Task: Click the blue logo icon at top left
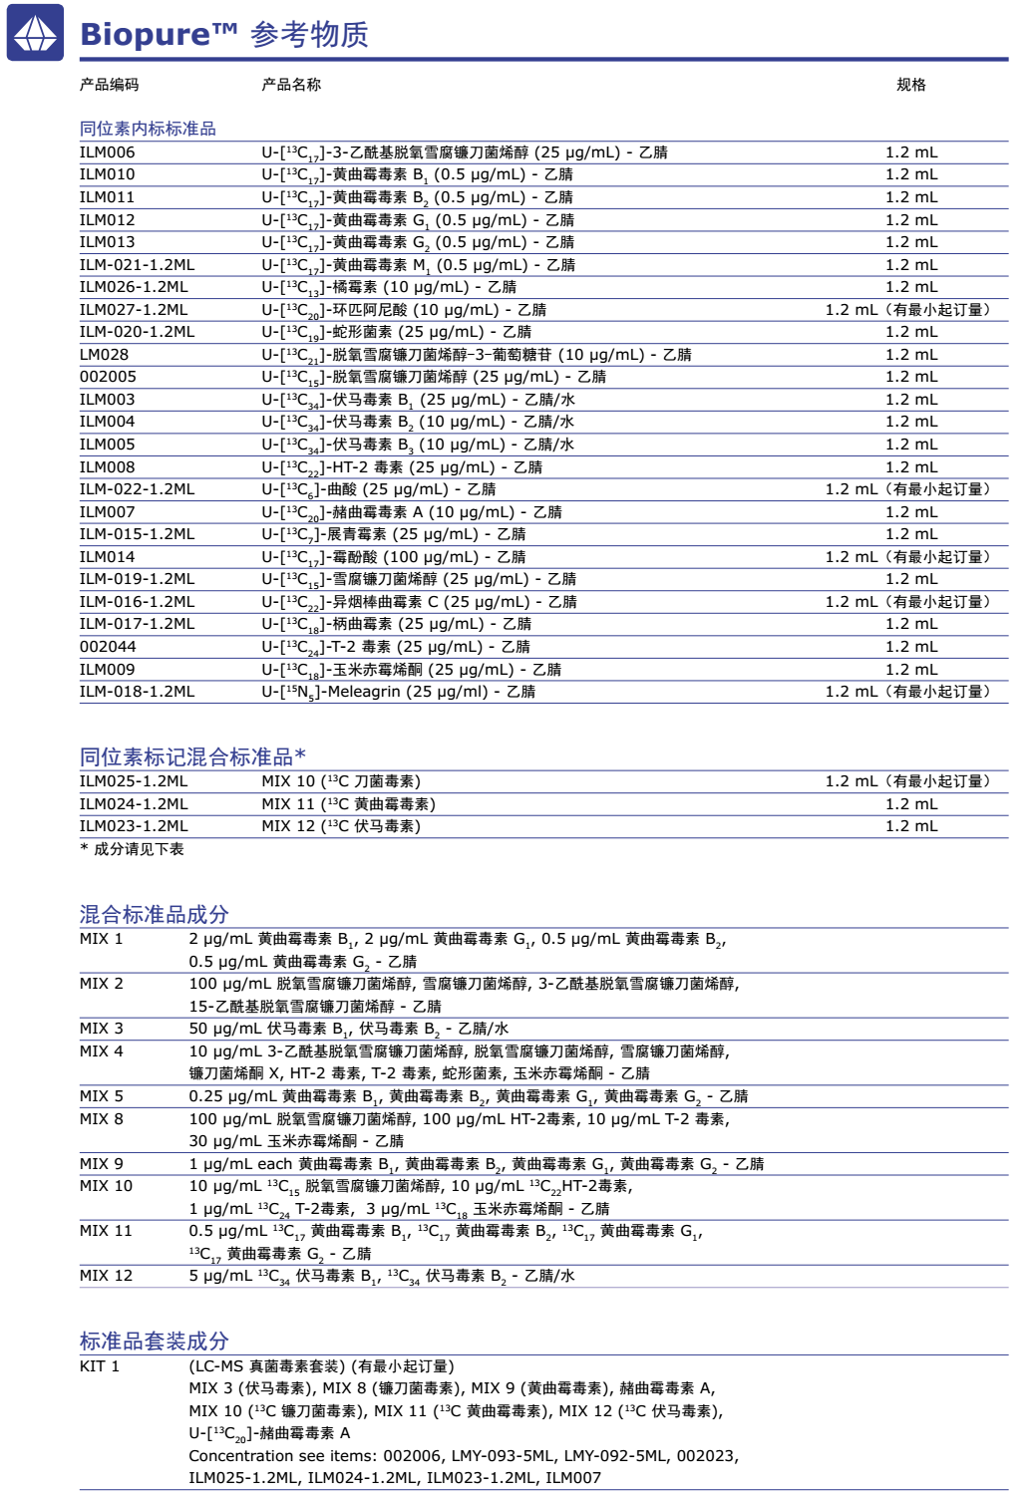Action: [36, 33]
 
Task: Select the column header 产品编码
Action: [110, 85]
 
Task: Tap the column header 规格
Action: [910, 85]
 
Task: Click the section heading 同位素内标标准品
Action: [148, 129]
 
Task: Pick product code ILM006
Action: [107, 152]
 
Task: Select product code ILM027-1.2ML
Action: [134, 310]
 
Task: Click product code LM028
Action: [104, 355]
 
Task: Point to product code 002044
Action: [108, 647]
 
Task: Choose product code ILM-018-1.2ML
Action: [137, 692]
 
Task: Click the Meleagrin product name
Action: [398, 692]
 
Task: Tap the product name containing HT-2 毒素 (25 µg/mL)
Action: [402, 467]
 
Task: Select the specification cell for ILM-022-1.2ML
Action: [907, 489]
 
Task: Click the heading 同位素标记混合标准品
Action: [191, 757]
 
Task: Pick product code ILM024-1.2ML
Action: [134, 804]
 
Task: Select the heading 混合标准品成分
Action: [155, 914]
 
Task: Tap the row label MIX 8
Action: [102, 1119]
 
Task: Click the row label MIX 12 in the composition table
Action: [106, 1276]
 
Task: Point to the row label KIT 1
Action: [100, 1366]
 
